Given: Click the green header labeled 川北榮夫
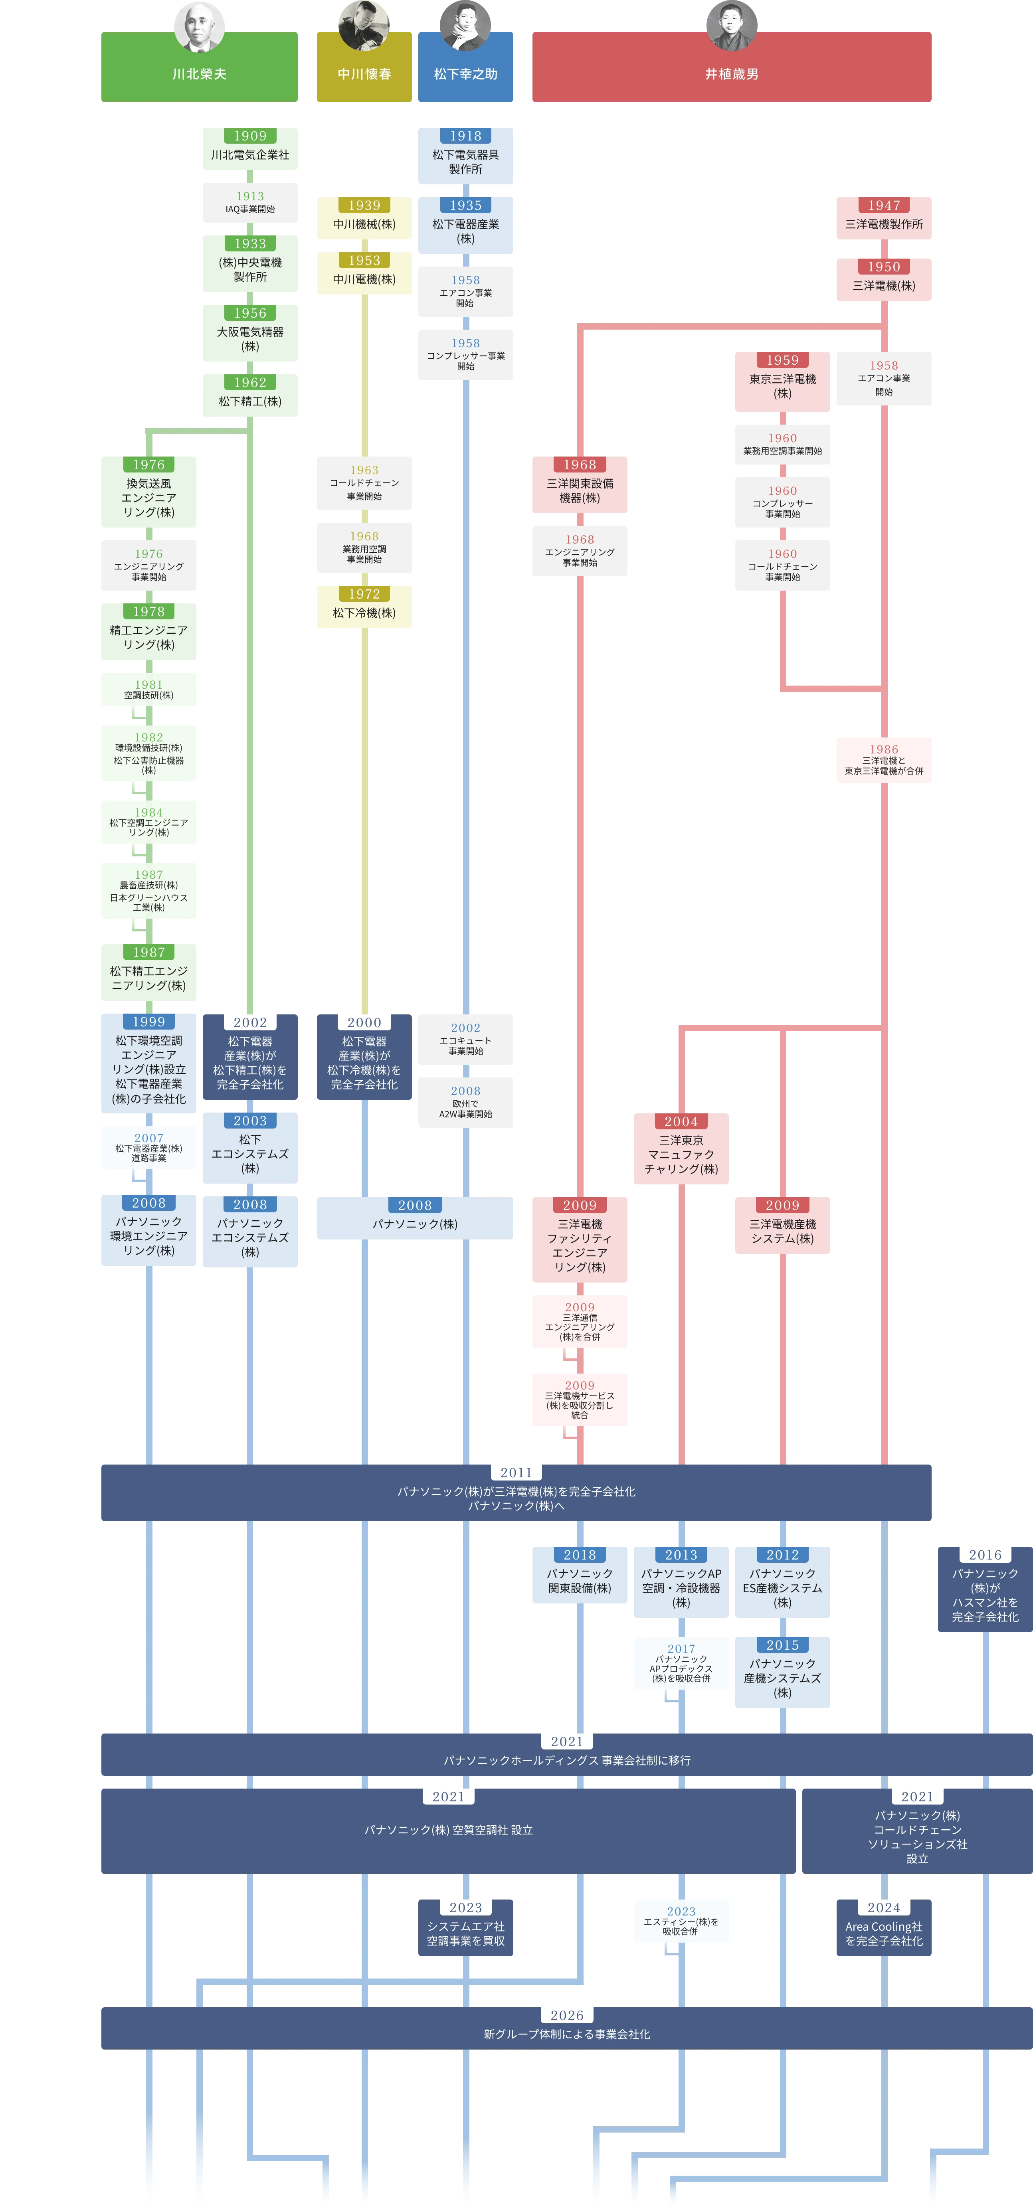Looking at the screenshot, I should pyautogui.click(x=199, y=74).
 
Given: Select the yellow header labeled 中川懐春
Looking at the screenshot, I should pyautogui.click(x=364, y=74).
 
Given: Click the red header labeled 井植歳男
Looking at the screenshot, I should pyautogui.click(x=730, y=74).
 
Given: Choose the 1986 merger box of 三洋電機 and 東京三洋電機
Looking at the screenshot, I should pyautogui.click(x=884, y=761).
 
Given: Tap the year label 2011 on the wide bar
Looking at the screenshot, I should pyautogui.click(x=516, y=1472).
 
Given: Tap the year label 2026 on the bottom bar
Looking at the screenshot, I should pyautogui.click(x=567, y=2015).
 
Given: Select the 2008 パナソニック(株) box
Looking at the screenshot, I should pyautogui.click(x=415, y=1220).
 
